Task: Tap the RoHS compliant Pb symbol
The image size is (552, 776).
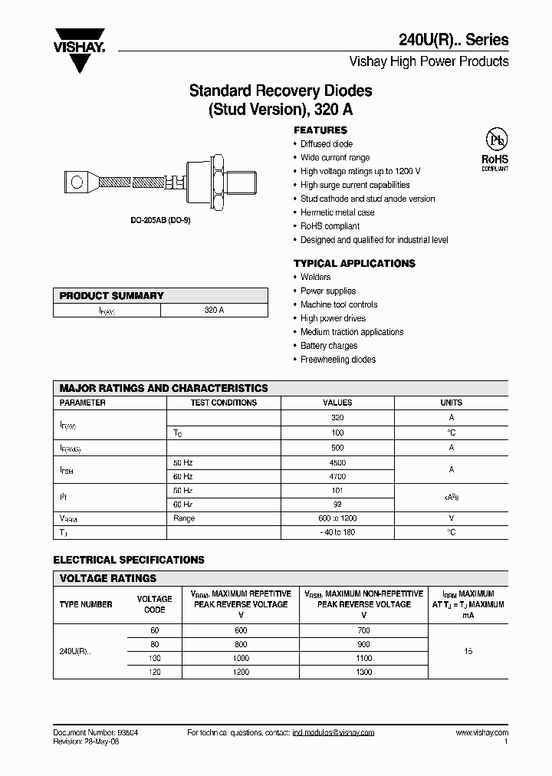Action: (495, 141)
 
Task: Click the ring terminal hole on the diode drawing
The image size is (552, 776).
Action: (77, 182)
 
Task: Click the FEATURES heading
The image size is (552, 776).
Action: (320, 130)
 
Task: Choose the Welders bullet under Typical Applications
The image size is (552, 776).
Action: (315, 277)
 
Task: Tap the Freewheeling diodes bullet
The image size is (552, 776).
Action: (337, 360)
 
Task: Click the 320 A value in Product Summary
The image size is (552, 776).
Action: (214, 311)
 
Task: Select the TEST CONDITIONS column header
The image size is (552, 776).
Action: (224, 403)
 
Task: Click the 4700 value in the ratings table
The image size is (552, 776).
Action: (337, 476)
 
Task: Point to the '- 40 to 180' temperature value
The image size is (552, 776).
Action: (337, 532)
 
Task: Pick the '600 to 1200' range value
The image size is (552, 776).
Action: (337, 518)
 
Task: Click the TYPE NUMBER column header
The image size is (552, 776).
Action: (86, 604)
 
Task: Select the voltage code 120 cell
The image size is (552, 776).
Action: (154, 672)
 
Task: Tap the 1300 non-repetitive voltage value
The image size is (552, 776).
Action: (363, 672)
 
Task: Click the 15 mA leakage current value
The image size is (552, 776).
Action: (468, 650)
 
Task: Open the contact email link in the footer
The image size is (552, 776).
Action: (333, 733)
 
